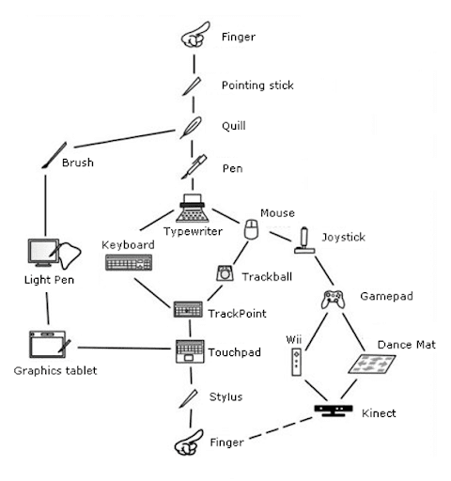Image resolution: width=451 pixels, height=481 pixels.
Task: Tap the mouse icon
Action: point(251,230)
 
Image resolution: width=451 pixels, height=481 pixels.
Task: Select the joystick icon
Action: point(304,241)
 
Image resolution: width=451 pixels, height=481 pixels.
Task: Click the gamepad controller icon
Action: point(333,300)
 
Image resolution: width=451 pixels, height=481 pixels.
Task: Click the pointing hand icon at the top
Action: point(193,38)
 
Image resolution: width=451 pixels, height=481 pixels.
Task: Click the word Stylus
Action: point(225,396)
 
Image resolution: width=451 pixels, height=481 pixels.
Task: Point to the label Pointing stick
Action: point(257,85)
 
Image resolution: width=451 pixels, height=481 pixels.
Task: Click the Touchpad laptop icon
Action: point(191,353)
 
